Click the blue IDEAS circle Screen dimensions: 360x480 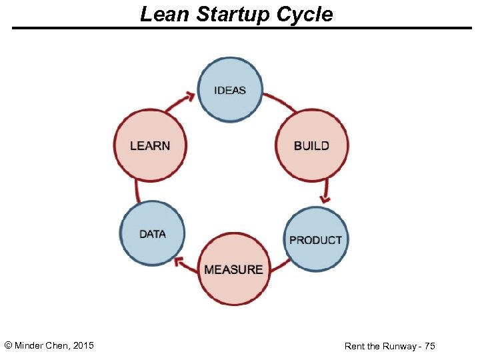tap(231, 89)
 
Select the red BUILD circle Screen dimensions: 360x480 tap(311, 145)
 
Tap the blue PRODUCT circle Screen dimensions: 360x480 tap(316, 239)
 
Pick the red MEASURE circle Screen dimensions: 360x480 tap(234, 269)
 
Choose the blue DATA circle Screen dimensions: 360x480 tap(153, 234)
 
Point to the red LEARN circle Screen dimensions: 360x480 tap(150, 145)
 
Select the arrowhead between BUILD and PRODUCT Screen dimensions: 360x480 tap(325, 197)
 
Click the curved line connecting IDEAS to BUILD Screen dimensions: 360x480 tap(280, 101)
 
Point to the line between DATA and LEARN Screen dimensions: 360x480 tap(136, 191)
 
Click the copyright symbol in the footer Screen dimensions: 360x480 tap(8, 345)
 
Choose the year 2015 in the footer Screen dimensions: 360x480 tap(83, 345)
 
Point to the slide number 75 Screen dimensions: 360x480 tap(429, 346)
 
